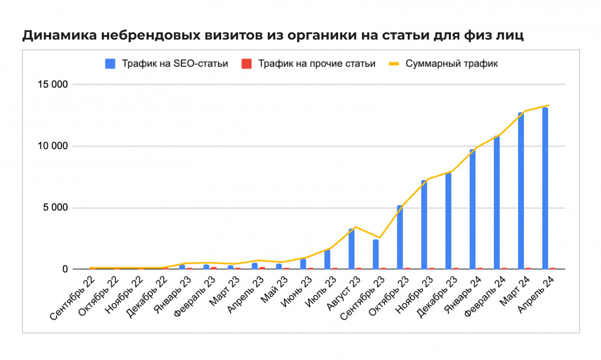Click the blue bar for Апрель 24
pos(545,189)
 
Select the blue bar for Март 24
pos(521,191)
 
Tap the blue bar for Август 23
pos(351,249)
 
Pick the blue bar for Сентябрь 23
pos(375,255)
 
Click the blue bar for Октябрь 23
pos(400,237)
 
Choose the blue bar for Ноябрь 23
pos(424,224)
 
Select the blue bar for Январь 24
pos(472,209)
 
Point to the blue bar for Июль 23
pos(327,259)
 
